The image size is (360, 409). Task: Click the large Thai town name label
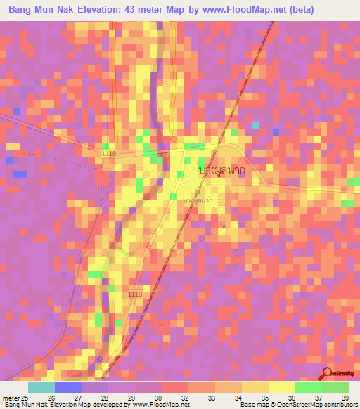(x=226, y=170)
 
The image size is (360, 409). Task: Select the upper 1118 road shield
(x=108, y=152)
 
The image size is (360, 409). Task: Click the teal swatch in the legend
(x=41, y=387)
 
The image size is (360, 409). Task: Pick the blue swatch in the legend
(x=68, y=387)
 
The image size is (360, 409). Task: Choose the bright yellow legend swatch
(x=281, y=387)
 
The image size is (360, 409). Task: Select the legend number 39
(x=344, y=397)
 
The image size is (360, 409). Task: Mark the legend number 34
(x=238, y=397)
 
